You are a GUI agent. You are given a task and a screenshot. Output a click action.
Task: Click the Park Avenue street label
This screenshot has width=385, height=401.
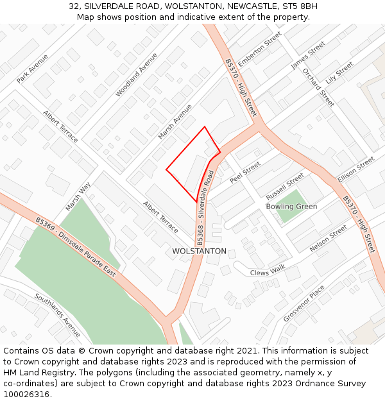(x=33, y=68)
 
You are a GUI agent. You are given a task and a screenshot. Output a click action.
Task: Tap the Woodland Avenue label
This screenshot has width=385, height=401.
(x=136, y=74)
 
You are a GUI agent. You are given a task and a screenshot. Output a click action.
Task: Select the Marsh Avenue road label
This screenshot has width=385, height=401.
(x=175, y=122)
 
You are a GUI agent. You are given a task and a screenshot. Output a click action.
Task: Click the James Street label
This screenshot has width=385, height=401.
(x=308, y=55)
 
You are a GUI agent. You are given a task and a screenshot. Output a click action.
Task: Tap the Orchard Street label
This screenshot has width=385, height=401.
(x=318, y=87)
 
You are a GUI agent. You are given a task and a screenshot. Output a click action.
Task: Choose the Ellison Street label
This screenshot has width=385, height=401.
(x=355, y=170)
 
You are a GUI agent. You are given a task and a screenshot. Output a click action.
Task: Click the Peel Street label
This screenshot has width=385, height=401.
(x=245, y=172)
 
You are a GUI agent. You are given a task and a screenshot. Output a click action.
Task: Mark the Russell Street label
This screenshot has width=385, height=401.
(x=285, y=185)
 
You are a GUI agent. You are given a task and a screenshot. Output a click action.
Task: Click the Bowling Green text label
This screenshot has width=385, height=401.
(x=291, y=207)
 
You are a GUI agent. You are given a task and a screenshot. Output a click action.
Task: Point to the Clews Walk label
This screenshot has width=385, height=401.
(x=268, y=271)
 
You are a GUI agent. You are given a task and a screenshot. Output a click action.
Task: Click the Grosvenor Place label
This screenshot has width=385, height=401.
(x=304, y=304)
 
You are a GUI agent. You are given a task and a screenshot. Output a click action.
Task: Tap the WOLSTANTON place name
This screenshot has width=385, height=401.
(x=199, y=251)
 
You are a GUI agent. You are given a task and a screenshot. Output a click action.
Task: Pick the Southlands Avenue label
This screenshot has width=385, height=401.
(x=58, y=315)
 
